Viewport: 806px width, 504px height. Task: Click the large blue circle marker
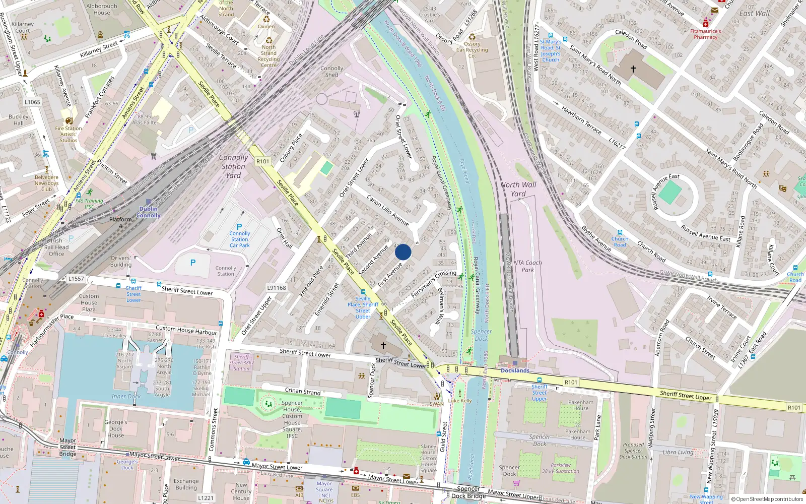(x=403, y=252)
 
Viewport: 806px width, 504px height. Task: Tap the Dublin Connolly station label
(x=149, y=212)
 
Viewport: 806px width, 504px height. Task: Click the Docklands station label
(x=515, y=370)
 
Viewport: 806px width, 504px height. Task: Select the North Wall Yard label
(x=518, y=189)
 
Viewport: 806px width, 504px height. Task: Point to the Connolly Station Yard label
(x=233, y=166)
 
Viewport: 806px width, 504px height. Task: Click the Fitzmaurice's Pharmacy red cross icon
(x=706, y=24)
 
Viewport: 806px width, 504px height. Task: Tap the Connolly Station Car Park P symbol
(x=239, y=227)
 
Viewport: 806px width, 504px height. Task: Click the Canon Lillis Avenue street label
(x=387, y=210)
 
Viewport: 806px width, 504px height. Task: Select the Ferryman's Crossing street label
(x=433, y=284)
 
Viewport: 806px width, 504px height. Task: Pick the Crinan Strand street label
(x=303, y=391)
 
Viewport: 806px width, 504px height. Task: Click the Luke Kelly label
(x=460, y=401)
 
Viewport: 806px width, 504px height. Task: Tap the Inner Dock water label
(x=126, y=396)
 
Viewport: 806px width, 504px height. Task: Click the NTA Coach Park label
(x=527, y=266)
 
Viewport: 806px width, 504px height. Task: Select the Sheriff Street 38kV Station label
(x=242, y=362)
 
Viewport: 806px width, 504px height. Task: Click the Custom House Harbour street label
(x=186, y=330)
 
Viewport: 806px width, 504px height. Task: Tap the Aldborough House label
(x=102, y=10)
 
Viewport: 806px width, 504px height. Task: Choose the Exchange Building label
(x=186, y=484)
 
